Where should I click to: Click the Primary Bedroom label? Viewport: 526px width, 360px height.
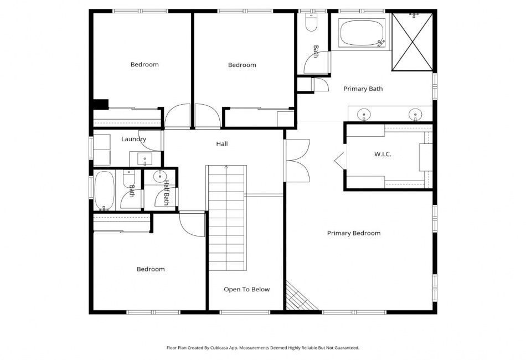(x=354, y=233)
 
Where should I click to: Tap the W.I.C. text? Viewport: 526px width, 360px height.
(x=383, y=155)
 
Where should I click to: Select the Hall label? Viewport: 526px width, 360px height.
(x=221, y=144)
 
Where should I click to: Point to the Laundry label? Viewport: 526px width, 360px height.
(x=133, y=139)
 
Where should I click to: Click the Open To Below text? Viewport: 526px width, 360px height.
(x=246, y=290)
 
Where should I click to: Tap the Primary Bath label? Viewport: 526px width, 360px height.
(x=363, y=89)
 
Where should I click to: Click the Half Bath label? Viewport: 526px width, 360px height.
(x=166, y=193)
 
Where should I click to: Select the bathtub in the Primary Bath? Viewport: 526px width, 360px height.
(x=362, y=33)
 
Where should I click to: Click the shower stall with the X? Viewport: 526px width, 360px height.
(x=412, y=42)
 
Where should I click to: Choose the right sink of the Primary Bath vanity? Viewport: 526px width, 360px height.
(x=415, y=114)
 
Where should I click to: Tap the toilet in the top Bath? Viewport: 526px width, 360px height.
(x=311, y=23)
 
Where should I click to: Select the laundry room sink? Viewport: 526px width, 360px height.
(x=145, y=158)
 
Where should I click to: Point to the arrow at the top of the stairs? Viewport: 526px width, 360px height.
(x=226, y=167)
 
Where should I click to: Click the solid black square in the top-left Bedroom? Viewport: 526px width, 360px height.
(x=101, y=104)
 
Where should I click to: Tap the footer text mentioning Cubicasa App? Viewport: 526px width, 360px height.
(x=262, y=348)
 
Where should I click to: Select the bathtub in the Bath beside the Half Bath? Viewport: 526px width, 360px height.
(x=104, y=191)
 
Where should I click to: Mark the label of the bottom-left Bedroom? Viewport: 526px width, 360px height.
(x=151, y=269)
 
